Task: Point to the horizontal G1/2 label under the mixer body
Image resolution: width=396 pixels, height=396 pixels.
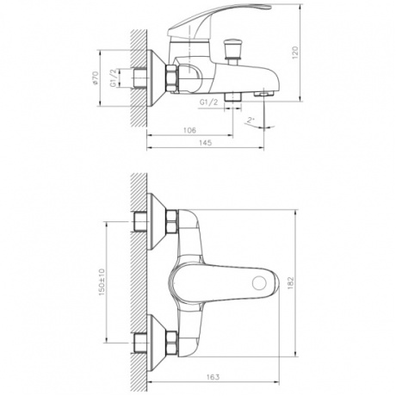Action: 207,102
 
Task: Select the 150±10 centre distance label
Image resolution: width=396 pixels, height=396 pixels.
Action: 102,280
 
